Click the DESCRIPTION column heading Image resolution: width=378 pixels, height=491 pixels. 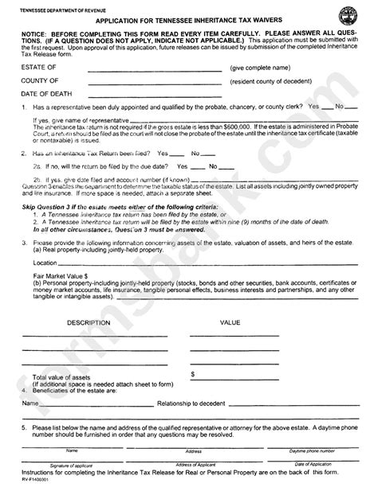coord(89,324)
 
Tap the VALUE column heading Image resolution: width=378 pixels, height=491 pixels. coord(230,324)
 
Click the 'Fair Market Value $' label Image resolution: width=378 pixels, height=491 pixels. coord(58,275)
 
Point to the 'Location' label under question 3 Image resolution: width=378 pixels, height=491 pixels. coord(45,261)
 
